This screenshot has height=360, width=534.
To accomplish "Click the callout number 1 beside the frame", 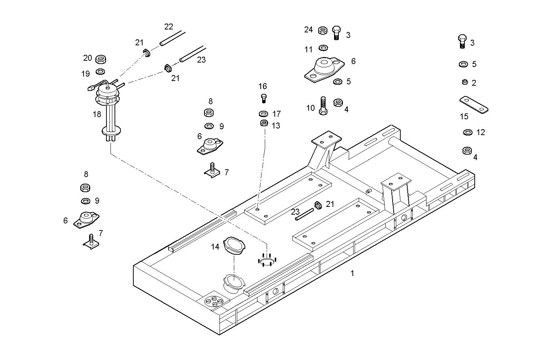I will point(352,273).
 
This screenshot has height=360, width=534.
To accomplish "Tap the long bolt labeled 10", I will point(323,106).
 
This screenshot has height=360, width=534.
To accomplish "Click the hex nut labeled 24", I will point(323,30).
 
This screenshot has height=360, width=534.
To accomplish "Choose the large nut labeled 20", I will point(101,59).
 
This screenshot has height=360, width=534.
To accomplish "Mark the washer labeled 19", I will point(100,71).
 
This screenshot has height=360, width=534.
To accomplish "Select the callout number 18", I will point(97,114).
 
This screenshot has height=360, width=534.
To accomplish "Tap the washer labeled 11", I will point(324,48).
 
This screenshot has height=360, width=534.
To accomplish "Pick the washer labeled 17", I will point(264,113).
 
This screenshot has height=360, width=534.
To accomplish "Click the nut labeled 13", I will point(264,123).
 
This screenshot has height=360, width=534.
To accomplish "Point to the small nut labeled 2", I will point(465,82).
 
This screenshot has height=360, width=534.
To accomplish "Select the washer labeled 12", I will point(468,132).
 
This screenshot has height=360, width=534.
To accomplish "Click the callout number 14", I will point(215,247).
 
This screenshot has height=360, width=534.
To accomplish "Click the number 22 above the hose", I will point(169,27).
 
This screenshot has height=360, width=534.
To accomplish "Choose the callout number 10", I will point(310,108).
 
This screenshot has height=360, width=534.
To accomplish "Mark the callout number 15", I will point(464,117).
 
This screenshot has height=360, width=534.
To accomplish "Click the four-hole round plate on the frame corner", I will point(214,301).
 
